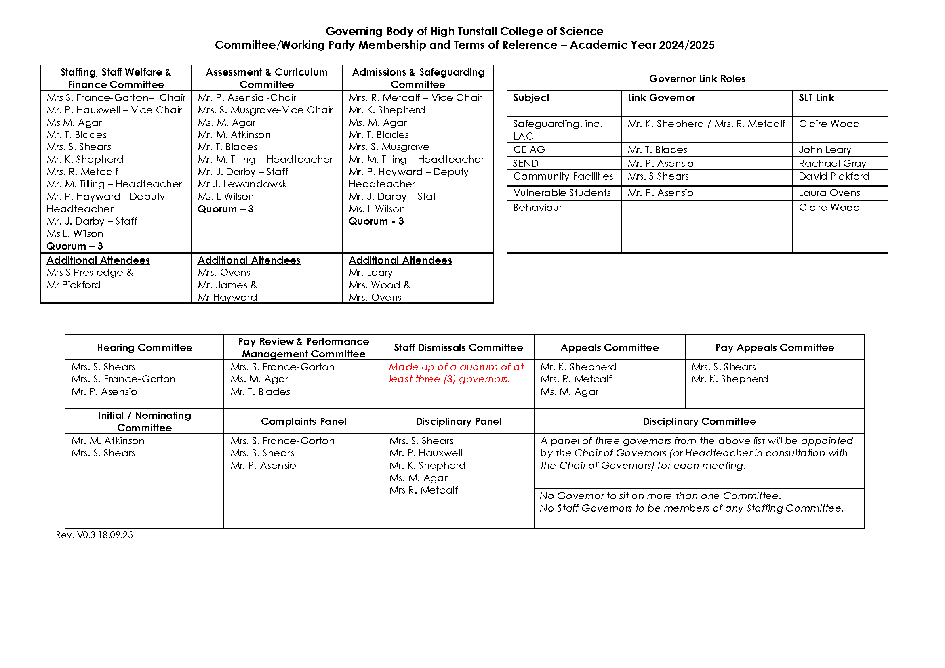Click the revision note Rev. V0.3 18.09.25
pyautogui.click(x=94, y=535)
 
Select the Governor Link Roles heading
pyautogui.click(x=697, y=79)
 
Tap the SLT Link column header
pyautogui.click(x=816, y=98)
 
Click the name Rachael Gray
pyautogui.click(x=832, y=163)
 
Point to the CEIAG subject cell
pyautogui.click(x=528, y=150)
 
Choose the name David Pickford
pyautogui.click(x=833, y=176)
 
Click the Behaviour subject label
pyautogui.click(x=537, y=208)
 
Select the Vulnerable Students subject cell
pyautogui.click(x=562, y=193)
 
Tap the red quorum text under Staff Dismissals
pyautogui.click(x=456, y=373)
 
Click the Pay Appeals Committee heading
pyautogui.click(x=774, y=348)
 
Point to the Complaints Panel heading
pyautogui.click(x=303, y=422)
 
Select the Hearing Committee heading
pyautogui.click(x=145, y=348)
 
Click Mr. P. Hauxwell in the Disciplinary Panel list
pyautogui.click(x=425, y=453)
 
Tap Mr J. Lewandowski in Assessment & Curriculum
pyautogui.click(x=243, y=184)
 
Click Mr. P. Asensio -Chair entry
pyautogui.click(x=247, y=98)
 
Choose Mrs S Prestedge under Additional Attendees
pyautogui.click(x=90, y=273)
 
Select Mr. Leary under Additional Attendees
pyautogui.click(x=370, y=273)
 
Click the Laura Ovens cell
pyautogui.click(x=829, y=193)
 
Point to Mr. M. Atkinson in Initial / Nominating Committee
pyautogui.click(x=108, y=441)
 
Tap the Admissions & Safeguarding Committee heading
pyautogui.click(x=418, y=78)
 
